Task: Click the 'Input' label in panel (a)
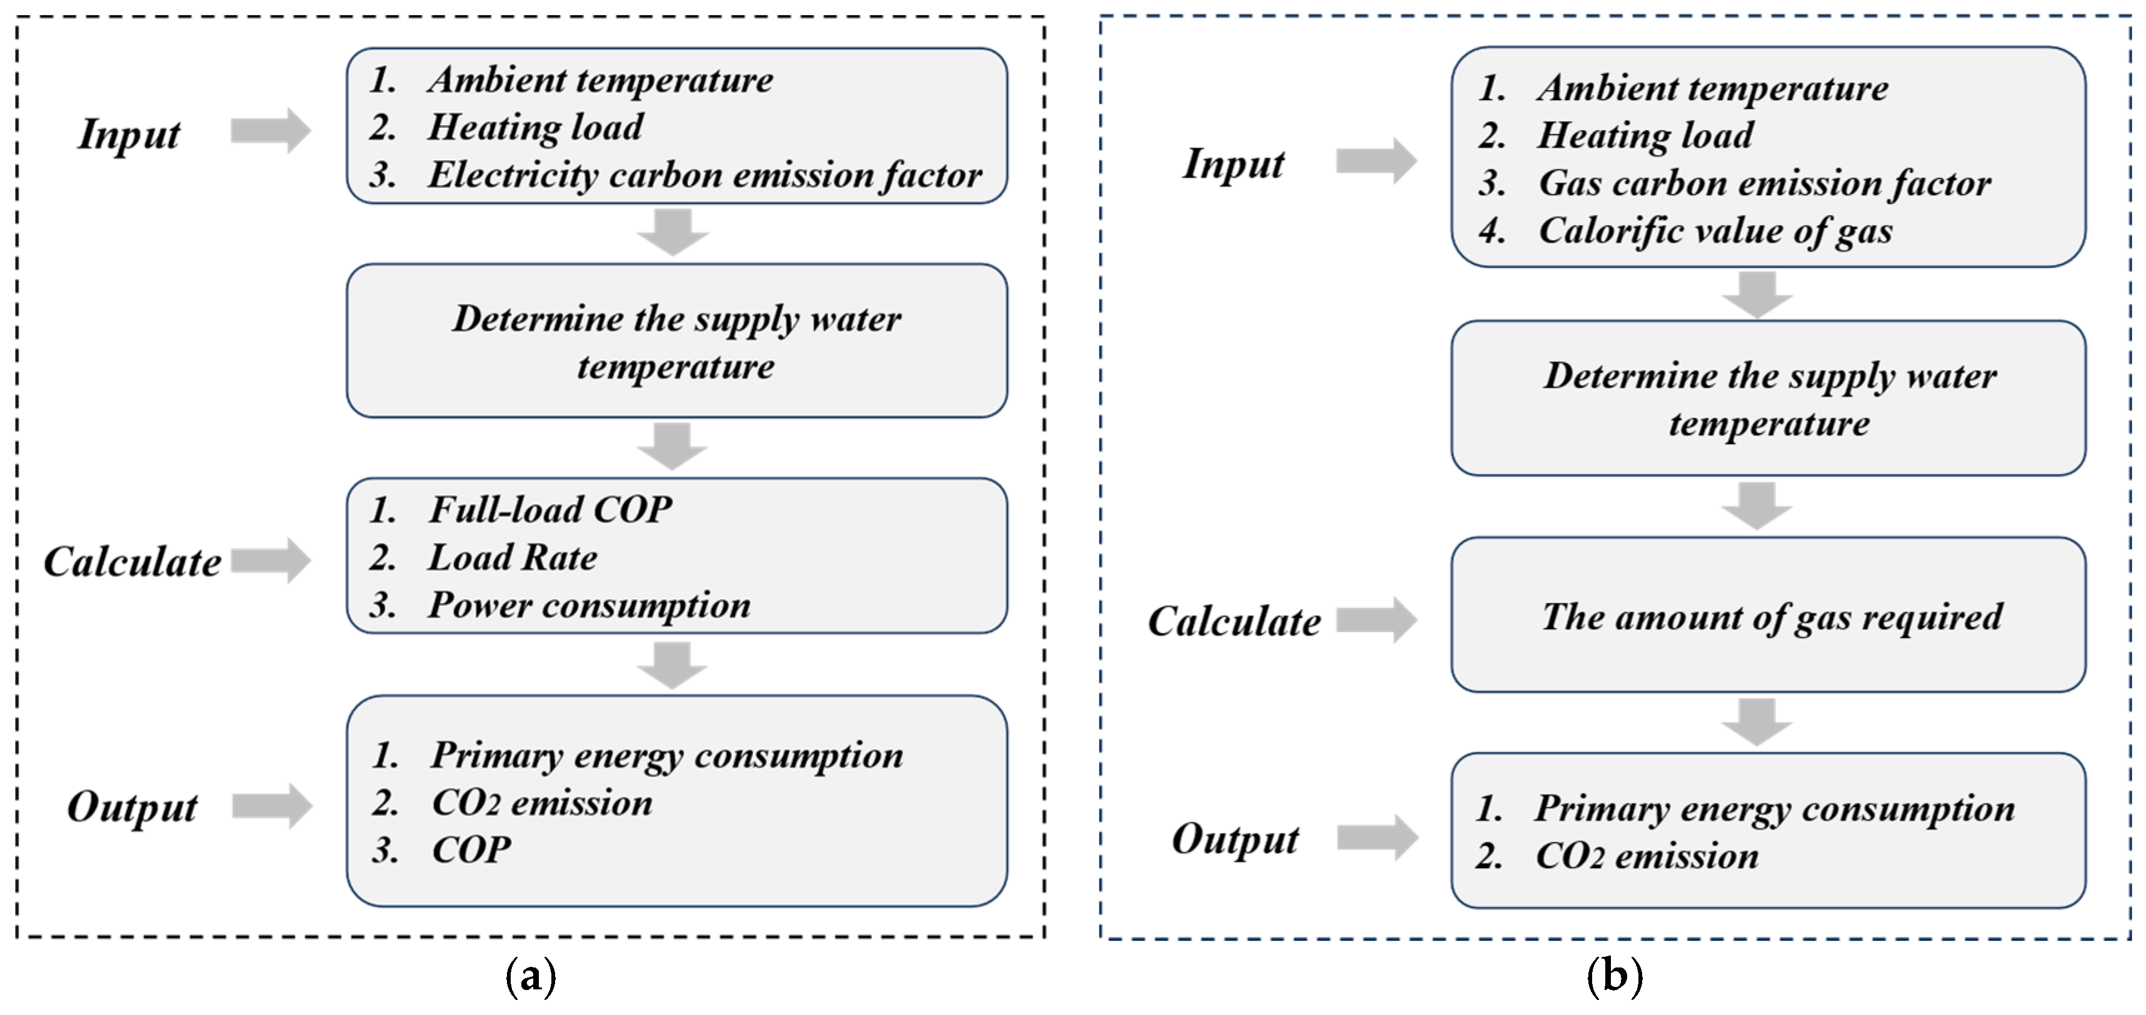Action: tap(129, 134)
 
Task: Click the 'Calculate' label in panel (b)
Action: tap(1234, 622)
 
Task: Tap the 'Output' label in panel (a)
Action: tap(133, 807)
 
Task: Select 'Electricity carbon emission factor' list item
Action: tap(704, 175)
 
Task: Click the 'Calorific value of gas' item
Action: tap(1715, 231)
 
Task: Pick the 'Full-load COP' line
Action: tap(550, 509)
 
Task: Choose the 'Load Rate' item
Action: tap(513, 557)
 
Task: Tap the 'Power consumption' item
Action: tap(588, 605)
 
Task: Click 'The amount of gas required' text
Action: tap(1771, 617)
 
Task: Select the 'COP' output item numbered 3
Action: tap(471, 850)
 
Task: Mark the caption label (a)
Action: tap(531, 975)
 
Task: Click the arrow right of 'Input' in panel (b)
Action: tap(1376, 160)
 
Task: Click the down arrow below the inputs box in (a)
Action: tap(673, 231)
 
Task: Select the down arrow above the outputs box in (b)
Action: tap(1757, 721)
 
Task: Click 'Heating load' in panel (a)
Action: tap(535, 128)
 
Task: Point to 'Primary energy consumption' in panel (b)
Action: tap(1775, 809)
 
